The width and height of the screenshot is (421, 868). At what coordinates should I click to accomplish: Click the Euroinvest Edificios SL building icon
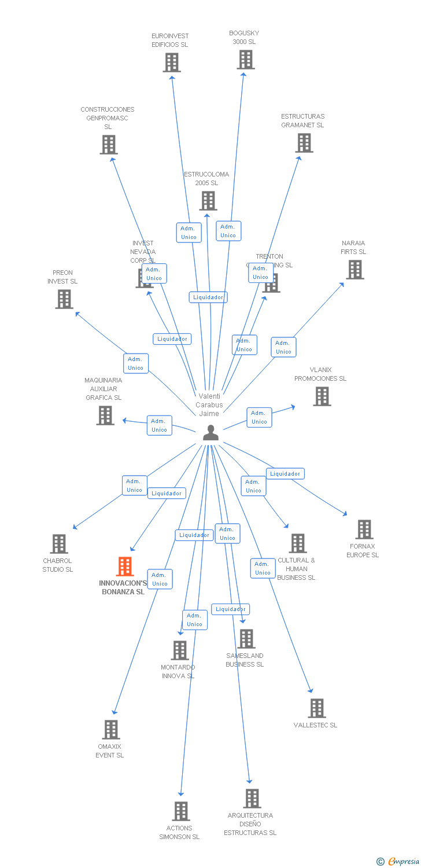(172, 62)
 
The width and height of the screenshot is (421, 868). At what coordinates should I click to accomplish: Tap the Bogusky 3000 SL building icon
(246, 60)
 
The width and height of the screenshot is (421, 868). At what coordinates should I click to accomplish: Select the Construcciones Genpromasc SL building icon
(108, 145)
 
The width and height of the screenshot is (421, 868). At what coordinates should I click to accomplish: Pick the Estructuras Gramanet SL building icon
(304, 143)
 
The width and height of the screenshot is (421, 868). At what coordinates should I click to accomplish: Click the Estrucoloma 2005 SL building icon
(208, 201)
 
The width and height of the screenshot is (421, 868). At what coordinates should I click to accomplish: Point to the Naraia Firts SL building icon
(354, 270)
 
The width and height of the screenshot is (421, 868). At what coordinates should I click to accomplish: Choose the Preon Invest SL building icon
(64, 299)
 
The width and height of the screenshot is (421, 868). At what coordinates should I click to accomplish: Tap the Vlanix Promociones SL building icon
(322, 396)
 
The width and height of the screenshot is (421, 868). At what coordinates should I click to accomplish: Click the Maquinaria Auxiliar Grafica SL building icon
(105, 415)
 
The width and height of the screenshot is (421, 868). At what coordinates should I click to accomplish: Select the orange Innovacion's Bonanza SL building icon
(125, 567)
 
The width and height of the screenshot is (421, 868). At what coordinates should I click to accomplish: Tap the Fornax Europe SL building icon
(364, 529)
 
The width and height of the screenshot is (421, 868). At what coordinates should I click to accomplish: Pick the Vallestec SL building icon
(316, 708)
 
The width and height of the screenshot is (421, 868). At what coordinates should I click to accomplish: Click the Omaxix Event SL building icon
(111, 730)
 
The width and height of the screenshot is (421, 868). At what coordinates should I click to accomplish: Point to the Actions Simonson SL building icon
(181, 811)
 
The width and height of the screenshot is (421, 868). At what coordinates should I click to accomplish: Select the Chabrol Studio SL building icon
(59, 544)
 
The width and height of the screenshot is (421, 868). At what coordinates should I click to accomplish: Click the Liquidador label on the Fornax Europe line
(285, 474)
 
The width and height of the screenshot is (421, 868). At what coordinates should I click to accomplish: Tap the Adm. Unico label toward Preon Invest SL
(136, 363)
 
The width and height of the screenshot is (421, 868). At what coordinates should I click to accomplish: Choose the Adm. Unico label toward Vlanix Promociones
(259, 417)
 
